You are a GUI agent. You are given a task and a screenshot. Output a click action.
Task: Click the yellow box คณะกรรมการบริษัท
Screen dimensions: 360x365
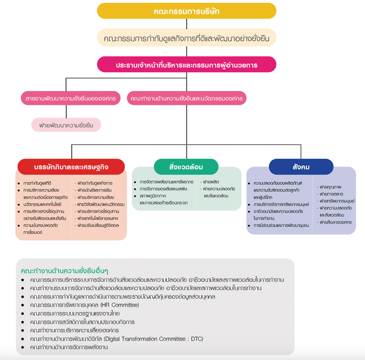[186, 11]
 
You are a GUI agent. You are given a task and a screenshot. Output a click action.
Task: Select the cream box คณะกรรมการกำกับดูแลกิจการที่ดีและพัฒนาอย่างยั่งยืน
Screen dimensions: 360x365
[186, 39]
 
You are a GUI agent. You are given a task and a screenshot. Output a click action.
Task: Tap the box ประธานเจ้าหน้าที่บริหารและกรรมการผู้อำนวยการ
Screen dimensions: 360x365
[186, 65]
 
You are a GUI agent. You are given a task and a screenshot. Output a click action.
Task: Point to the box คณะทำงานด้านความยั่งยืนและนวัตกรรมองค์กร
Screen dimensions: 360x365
[186, 98]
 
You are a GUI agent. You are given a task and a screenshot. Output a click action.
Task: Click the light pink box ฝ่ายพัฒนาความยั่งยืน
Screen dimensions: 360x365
[66, 125]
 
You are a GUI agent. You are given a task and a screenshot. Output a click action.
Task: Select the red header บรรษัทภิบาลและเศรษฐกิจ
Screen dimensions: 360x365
[71, 167]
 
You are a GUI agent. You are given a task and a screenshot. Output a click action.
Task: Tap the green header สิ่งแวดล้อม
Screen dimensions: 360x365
[186, 167]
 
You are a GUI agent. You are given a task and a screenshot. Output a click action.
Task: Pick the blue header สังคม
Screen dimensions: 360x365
[301, 167]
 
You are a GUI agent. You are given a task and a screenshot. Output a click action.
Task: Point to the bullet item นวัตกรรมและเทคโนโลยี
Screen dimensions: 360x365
[43, 204]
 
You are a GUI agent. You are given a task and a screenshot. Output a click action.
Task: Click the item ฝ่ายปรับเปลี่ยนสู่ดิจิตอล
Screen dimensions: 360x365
[98, 225]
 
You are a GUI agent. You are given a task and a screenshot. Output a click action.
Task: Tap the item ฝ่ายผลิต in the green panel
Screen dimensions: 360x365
[211, 182]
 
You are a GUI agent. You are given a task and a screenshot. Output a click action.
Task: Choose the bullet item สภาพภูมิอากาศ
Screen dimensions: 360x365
[156, 196]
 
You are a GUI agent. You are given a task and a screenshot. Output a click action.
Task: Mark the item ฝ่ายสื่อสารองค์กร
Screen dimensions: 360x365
[335, 222]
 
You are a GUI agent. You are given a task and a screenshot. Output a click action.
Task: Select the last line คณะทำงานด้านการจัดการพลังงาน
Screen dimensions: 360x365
[69, 347]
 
